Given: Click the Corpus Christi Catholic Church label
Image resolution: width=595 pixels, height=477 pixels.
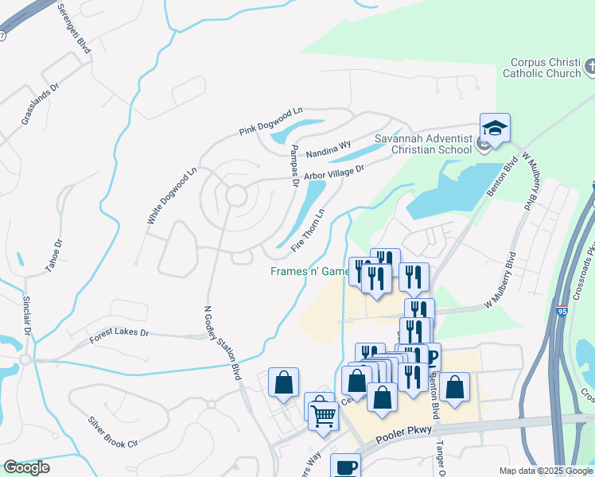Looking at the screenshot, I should [541, 67].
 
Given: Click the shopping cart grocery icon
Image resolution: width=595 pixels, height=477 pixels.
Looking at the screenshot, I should [324, 415].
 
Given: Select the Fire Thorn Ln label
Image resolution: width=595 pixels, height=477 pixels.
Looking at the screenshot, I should [309, 231].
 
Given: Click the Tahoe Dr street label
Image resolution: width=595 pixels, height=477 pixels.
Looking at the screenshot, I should [53, 255].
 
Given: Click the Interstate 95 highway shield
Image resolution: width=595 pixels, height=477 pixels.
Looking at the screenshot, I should [562, 313].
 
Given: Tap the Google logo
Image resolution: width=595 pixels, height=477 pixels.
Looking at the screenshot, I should [27, 468].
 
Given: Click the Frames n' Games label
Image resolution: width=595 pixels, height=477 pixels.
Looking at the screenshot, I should [310, 272].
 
